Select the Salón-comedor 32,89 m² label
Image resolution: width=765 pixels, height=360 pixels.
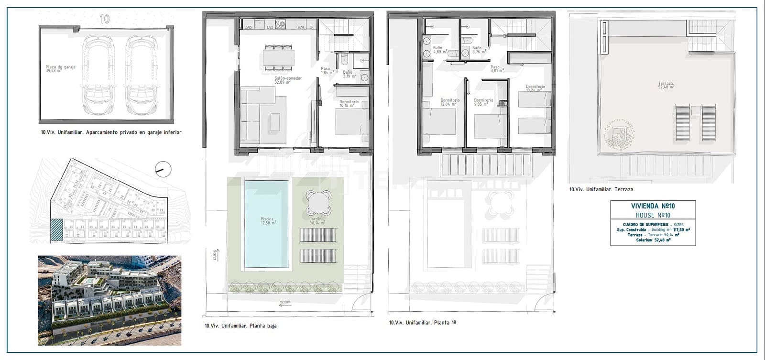tap(288, 80)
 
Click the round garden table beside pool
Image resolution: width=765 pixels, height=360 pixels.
tap(318, 202)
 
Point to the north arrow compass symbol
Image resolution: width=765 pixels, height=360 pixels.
tap(163, 168)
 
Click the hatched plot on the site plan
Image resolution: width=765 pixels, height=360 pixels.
tap(56, 229)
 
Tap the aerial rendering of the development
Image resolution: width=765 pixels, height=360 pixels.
tap(109, 300)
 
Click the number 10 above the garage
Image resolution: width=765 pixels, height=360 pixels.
tap(105, 19)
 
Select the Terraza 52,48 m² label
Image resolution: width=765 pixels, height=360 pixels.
tap(666, 85)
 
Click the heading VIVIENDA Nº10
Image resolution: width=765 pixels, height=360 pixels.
tap(653, 206)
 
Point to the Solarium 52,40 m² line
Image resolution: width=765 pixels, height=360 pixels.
tap(653, 240)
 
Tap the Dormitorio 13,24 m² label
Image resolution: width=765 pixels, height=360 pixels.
tap(535, 88)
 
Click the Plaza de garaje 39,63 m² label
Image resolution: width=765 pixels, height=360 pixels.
tap(60, 69)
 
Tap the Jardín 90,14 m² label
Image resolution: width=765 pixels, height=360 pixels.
tap(317, 220)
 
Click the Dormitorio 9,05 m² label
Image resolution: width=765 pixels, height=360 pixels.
tap(483, 102)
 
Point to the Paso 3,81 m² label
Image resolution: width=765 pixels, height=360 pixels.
tap(495, 69)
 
